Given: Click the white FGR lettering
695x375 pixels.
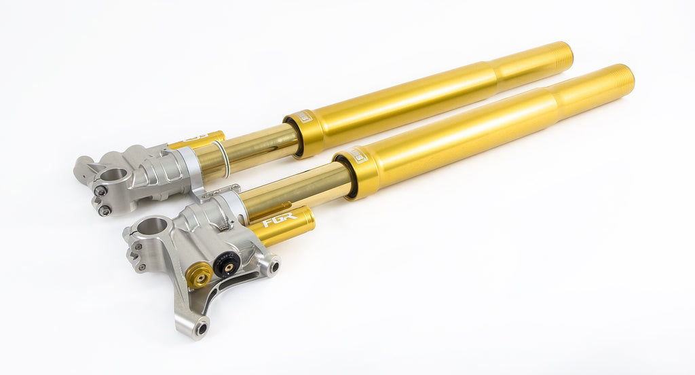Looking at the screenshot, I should (x=279, y=221).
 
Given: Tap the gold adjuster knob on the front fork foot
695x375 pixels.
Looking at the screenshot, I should (x=199, y=274).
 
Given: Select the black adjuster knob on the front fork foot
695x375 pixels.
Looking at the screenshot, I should (x=227, y=263).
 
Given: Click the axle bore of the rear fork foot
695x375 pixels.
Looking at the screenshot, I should (x=115, y=175).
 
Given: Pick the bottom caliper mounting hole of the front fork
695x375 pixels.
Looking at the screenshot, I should (x=201, y=329).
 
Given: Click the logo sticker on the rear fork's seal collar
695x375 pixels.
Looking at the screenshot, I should (x=305, y=117).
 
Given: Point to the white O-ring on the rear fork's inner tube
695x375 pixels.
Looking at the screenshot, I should (x=223, y=157).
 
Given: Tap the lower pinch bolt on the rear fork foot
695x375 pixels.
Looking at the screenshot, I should (x=104, y=211).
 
